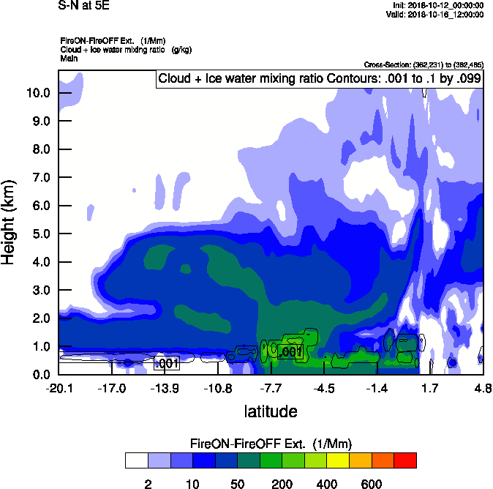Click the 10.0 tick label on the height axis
click(x=38, y=93)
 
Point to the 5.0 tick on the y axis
click(x=38, y=234)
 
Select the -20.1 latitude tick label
click(x=59, y=387)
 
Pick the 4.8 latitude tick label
click(x=483, y=387)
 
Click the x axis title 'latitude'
click(x=271, y=411)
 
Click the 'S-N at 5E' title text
click(x=83, y=5)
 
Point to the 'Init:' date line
click(x=437, y=5)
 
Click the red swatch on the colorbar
click(x=404, y=460)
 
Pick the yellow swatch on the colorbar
click(x=338, y=460)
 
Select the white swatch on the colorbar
click(x=136, y=460)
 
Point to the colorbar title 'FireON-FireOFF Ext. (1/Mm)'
click(x=271, y=444)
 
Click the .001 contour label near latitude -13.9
click(x=167, y=363)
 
